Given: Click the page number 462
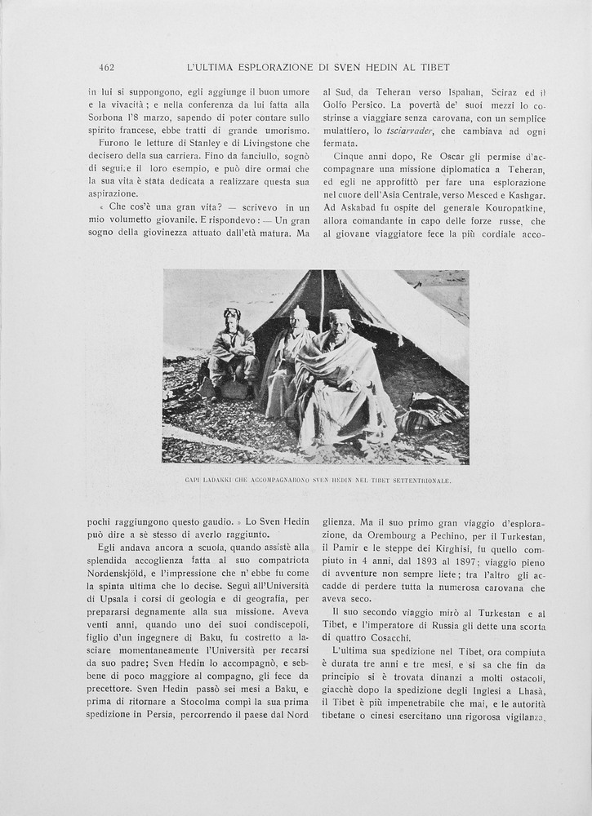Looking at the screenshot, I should [106, 67].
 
